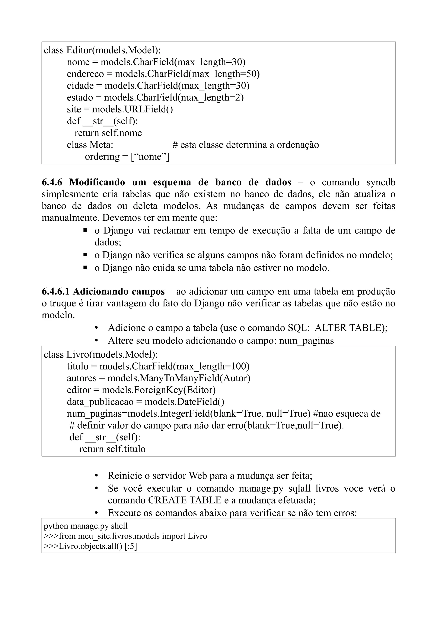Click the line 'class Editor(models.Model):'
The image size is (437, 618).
tap(102, 50)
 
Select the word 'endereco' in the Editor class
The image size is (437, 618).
tap(85, 74)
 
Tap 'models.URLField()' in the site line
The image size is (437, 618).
tap(132, 109)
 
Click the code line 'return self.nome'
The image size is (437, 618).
tap(108, 133)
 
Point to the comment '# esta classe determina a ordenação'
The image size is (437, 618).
tap(245, 145)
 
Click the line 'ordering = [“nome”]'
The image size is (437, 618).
tap(127, 157)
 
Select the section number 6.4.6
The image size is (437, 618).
tap(52, 183)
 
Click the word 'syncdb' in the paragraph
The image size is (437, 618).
tap(381, 183)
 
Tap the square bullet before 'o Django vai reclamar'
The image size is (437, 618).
tap(85, 230)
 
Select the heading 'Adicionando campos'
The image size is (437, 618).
tap(118, 292)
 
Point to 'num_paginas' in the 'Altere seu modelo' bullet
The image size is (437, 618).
tap(306, 341)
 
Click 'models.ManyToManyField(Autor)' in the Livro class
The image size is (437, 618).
tap(179, 378)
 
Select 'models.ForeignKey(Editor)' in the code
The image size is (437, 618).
tap(158, 390)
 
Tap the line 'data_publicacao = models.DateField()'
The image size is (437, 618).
tap(145, 402)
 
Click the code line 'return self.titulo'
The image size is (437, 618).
tap(112, 449)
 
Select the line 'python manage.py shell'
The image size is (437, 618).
tap(86, 526)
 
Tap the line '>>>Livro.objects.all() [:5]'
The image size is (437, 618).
tap(90, 546)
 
